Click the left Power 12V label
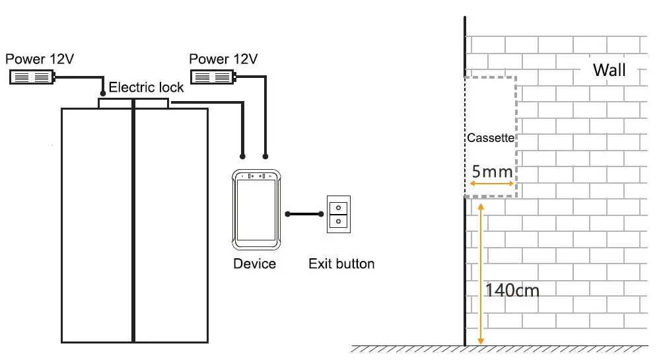pyautogui.click(x=40, y=59)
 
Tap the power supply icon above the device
pyautogui.click(x=213, y=78)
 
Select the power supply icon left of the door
pyautogui.click(x=31, y=77)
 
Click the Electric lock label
pyautogui.click(x=146, y=88)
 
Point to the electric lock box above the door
pyautogui.click(x=133, y=103)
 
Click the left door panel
pyautogui.click(x=97, y=225)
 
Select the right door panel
pyautogui.click(x=171, y=225)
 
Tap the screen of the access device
pyautogui.click(x=257, y=209)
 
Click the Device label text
pyautogui.click(x=254, y=264)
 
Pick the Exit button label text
pyautogui.click(x=341, y=264)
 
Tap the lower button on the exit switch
pyautogui.click(x=338, y=221)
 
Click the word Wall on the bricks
pyautogui.click(x=609, y=70)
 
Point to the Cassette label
pyautogui.click(x=490, y=138)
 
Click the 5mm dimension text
pyautogui.click(x=492, y=172)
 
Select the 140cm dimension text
pyautogui.click(x=512, y=289)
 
